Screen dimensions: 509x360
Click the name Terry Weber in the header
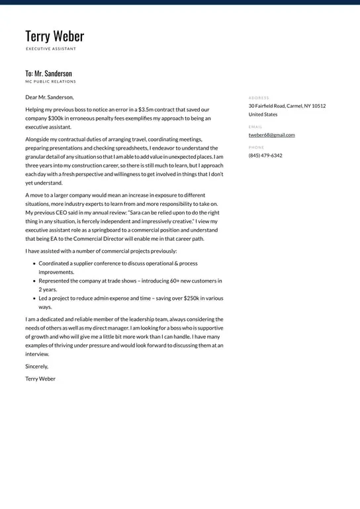click(x=54, y=36)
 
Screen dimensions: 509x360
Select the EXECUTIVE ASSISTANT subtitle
click(x=51, y=49)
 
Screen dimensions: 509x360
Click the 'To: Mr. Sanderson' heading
click(x=48, y=73)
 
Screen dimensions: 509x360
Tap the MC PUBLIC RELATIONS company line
click(x=50, y=81)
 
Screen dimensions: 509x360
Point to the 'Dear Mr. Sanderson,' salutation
click(x=50, y=97)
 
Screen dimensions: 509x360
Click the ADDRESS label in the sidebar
click(x=259, y=97)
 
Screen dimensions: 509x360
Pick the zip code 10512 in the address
click(x=318, y=106)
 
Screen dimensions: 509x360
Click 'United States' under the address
click(x=263, y=115)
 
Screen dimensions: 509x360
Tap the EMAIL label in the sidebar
click(x=255, y=126)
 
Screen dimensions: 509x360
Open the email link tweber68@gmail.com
click(x=271, y=135)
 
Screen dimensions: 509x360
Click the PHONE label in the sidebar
click(x=256, y=147)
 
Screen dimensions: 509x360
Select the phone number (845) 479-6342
click(x=265, y=156)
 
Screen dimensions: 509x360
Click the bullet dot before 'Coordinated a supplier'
click(x=34, y=263)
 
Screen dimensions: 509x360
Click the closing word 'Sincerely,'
click(x=36, y=366)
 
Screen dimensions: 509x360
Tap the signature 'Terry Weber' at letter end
click(x=40, y=379)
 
